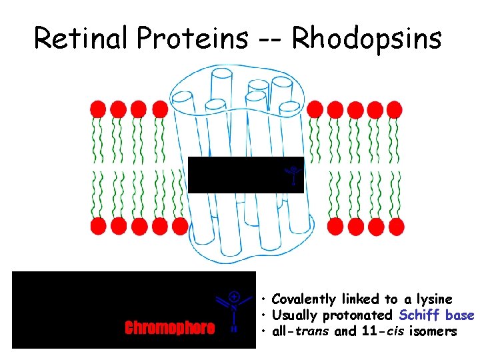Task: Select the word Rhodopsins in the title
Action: (367, 38)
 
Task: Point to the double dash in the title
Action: (270, 39)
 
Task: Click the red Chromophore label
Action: (169, 327)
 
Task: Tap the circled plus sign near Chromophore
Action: (235, 295)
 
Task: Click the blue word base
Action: (460, 315)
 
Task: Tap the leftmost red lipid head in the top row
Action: (99, 108)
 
